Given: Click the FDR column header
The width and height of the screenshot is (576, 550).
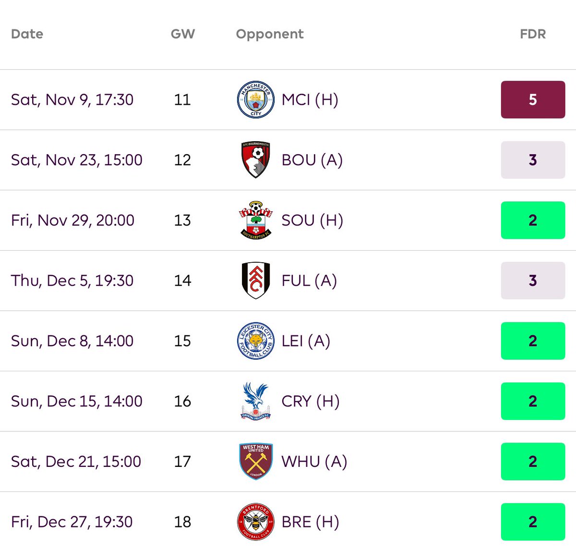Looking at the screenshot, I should click(x=532, y=34).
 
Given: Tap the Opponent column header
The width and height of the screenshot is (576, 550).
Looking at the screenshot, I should click(x=269, y=34).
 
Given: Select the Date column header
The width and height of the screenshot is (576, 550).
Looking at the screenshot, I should click(x=27, y=34).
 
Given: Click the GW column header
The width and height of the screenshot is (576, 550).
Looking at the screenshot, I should click(x=182, y=34).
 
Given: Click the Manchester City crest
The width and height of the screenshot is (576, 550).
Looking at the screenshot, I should click(x=256, y=99).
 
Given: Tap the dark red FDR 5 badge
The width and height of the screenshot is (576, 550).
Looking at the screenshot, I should click(x=533, y=99).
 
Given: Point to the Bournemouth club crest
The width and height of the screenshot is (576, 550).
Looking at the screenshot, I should click(x=256, y=160).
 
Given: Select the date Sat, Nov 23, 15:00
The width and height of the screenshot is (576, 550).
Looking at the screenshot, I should click(x=77, y=160).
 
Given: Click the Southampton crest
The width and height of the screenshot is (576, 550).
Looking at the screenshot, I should click(x=256, y=220).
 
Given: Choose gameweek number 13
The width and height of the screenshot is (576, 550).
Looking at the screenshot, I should click(x=182, y=220).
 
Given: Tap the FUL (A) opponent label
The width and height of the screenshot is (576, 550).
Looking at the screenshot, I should click(x=309, y=281).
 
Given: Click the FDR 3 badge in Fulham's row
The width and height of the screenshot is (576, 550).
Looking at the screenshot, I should click(x=533, y=281).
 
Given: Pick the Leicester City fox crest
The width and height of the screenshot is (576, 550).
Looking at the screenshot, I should click(x=256, y=341).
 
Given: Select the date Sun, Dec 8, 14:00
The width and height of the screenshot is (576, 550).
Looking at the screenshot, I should click(x=72, y=341).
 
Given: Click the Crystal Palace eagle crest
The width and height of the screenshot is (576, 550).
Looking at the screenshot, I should click(x=256, y=401).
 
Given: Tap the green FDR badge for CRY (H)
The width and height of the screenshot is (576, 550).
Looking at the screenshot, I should click(x=533, y=401).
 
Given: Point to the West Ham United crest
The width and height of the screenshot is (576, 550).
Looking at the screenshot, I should click(x=256, y=462).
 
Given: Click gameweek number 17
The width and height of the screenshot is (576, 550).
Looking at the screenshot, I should click(x=182, y=462).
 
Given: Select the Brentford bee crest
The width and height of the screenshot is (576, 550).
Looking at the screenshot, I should click(x=256, y=522).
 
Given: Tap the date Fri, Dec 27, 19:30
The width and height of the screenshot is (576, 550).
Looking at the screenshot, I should click(x=72, y=522).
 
